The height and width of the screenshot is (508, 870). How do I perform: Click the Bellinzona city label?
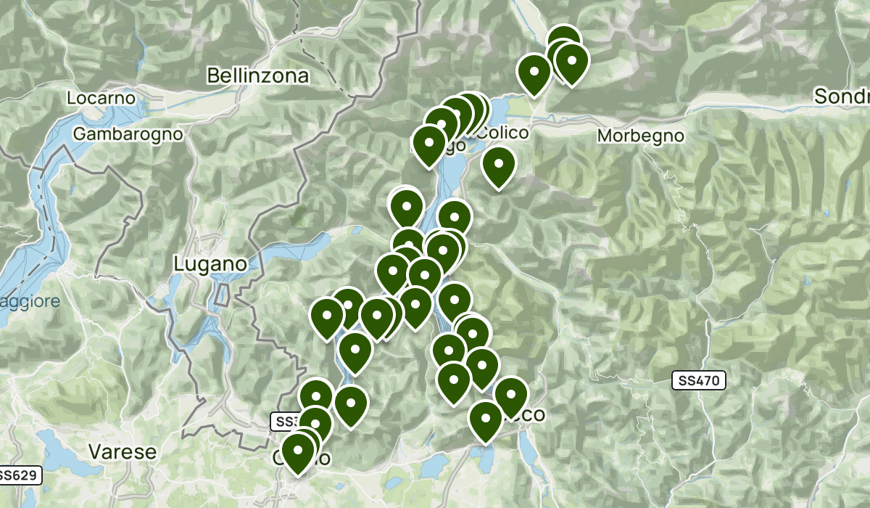[x=257, y=75]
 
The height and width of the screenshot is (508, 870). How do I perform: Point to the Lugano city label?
[x=210, y=264]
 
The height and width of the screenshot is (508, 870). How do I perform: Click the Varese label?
[x=122, y=451]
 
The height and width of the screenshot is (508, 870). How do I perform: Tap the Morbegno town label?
[x=640, y=136]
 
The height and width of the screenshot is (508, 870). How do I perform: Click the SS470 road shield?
[x=699, y=380]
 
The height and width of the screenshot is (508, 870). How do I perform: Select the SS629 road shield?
[x=18, y=475]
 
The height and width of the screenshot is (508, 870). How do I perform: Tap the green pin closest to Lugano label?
[x=327, y=316]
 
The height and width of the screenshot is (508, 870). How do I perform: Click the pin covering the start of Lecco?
[x=510, y=395]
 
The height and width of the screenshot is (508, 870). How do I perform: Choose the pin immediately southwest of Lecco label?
[x=486, y=419]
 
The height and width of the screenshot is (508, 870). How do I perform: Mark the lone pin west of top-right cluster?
[x=534, y=73]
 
